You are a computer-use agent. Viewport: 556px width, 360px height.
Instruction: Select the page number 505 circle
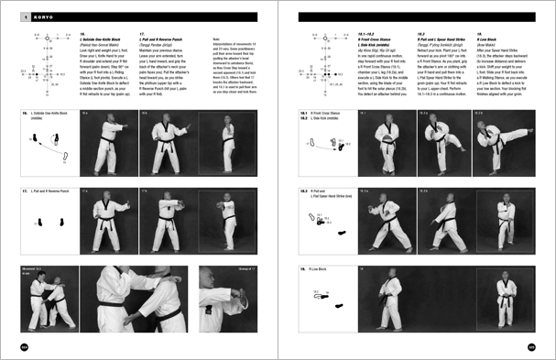pyautogui.click(x=530, y=345)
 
